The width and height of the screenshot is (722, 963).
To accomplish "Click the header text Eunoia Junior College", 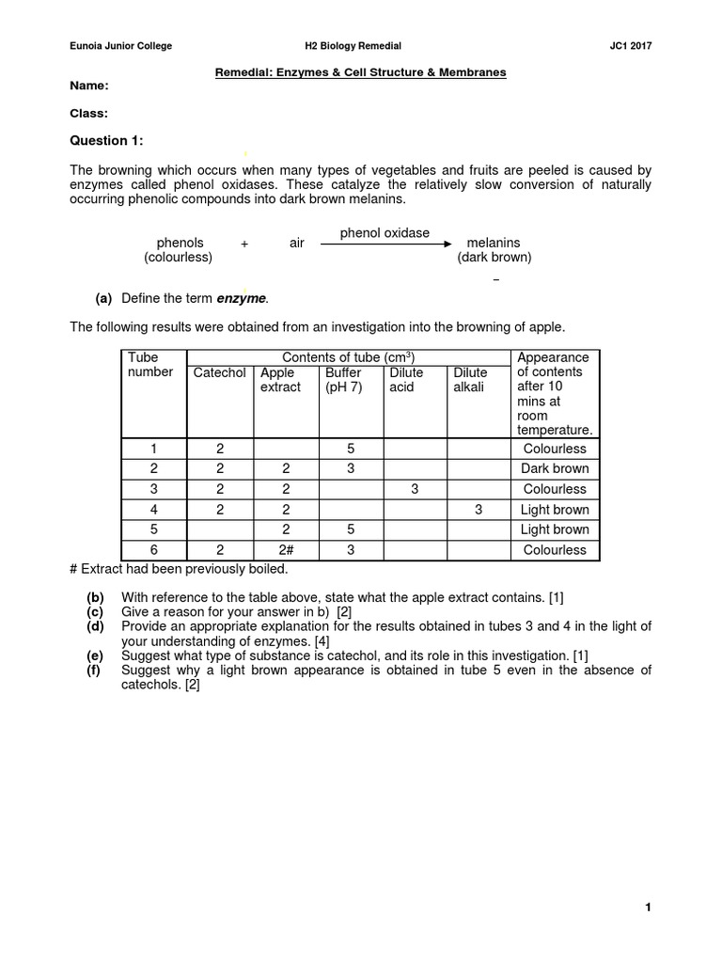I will pyautogui.click(x=121, y=46).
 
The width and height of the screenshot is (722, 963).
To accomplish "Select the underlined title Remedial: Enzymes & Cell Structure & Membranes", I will pyautogui.click(x=362, y=71).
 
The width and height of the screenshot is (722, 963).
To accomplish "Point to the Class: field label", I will pyautogui.click(x=89, y=113).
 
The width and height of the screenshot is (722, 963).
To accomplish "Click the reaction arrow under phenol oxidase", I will pyautogui.click(x=385, y=244).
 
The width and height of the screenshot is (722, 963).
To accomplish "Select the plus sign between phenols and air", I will pyautogui.click(x=244, y=244).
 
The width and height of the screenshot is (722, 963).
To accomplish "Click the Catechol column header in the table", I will pyautogui.click(x=219, y=372).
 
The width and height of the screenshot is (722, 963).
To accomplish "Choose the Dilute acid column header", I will pyautogui.click(x=406, y=380).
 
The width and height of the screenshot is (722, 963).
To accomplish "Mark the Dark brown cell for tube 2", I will pyautogui.click(x=555, y=468).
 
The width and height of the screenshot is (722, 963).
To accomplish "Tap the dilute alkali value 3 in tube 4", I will pyautogui.click(x=478, y=510).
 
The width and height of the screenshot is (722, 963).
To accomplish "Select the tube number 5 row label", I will pyautogui.click(x=154, y=529).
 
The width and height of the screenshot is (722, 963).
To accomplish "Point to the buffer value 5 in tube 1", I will pyautogui.click(x=350, y=449).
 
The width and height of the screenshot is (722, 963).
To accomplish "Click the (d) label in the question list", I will pyautogui.click(x=95, y=626).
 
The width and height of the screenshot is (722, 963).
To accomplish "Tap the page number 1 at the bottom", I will pyautogui.click(x=648, y=908).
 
